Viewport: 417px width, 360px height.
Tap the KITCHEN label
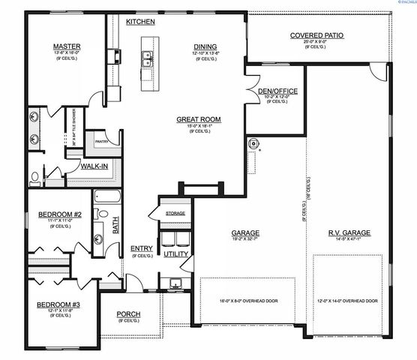coord(140,22)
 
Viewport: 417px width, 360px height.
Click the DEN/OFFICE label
coord(277,91)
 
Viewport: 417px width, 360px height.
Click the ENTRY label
coord(142,249)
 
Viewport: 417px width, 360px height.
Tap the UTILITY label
coord(176,254)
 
